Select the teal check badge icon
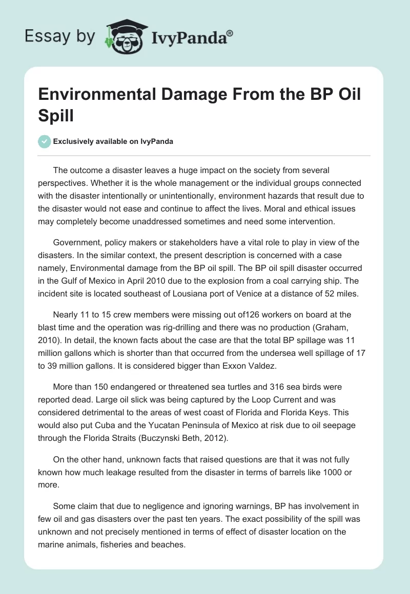[x=45, y=141]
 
